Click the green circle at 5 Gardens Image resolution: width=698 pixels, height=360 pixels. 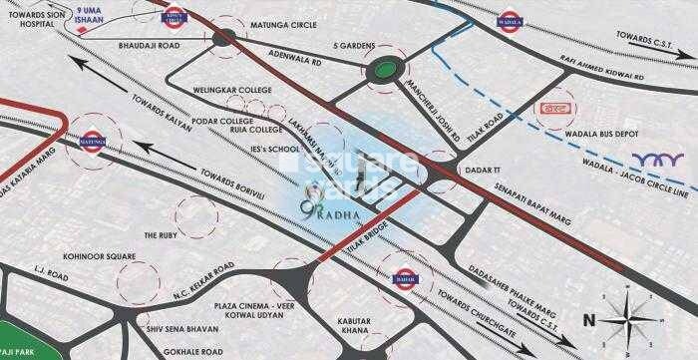(x=379, y=72)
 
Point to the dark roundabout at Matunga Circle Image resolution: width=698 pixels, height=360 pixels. (x=224, y=38)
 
